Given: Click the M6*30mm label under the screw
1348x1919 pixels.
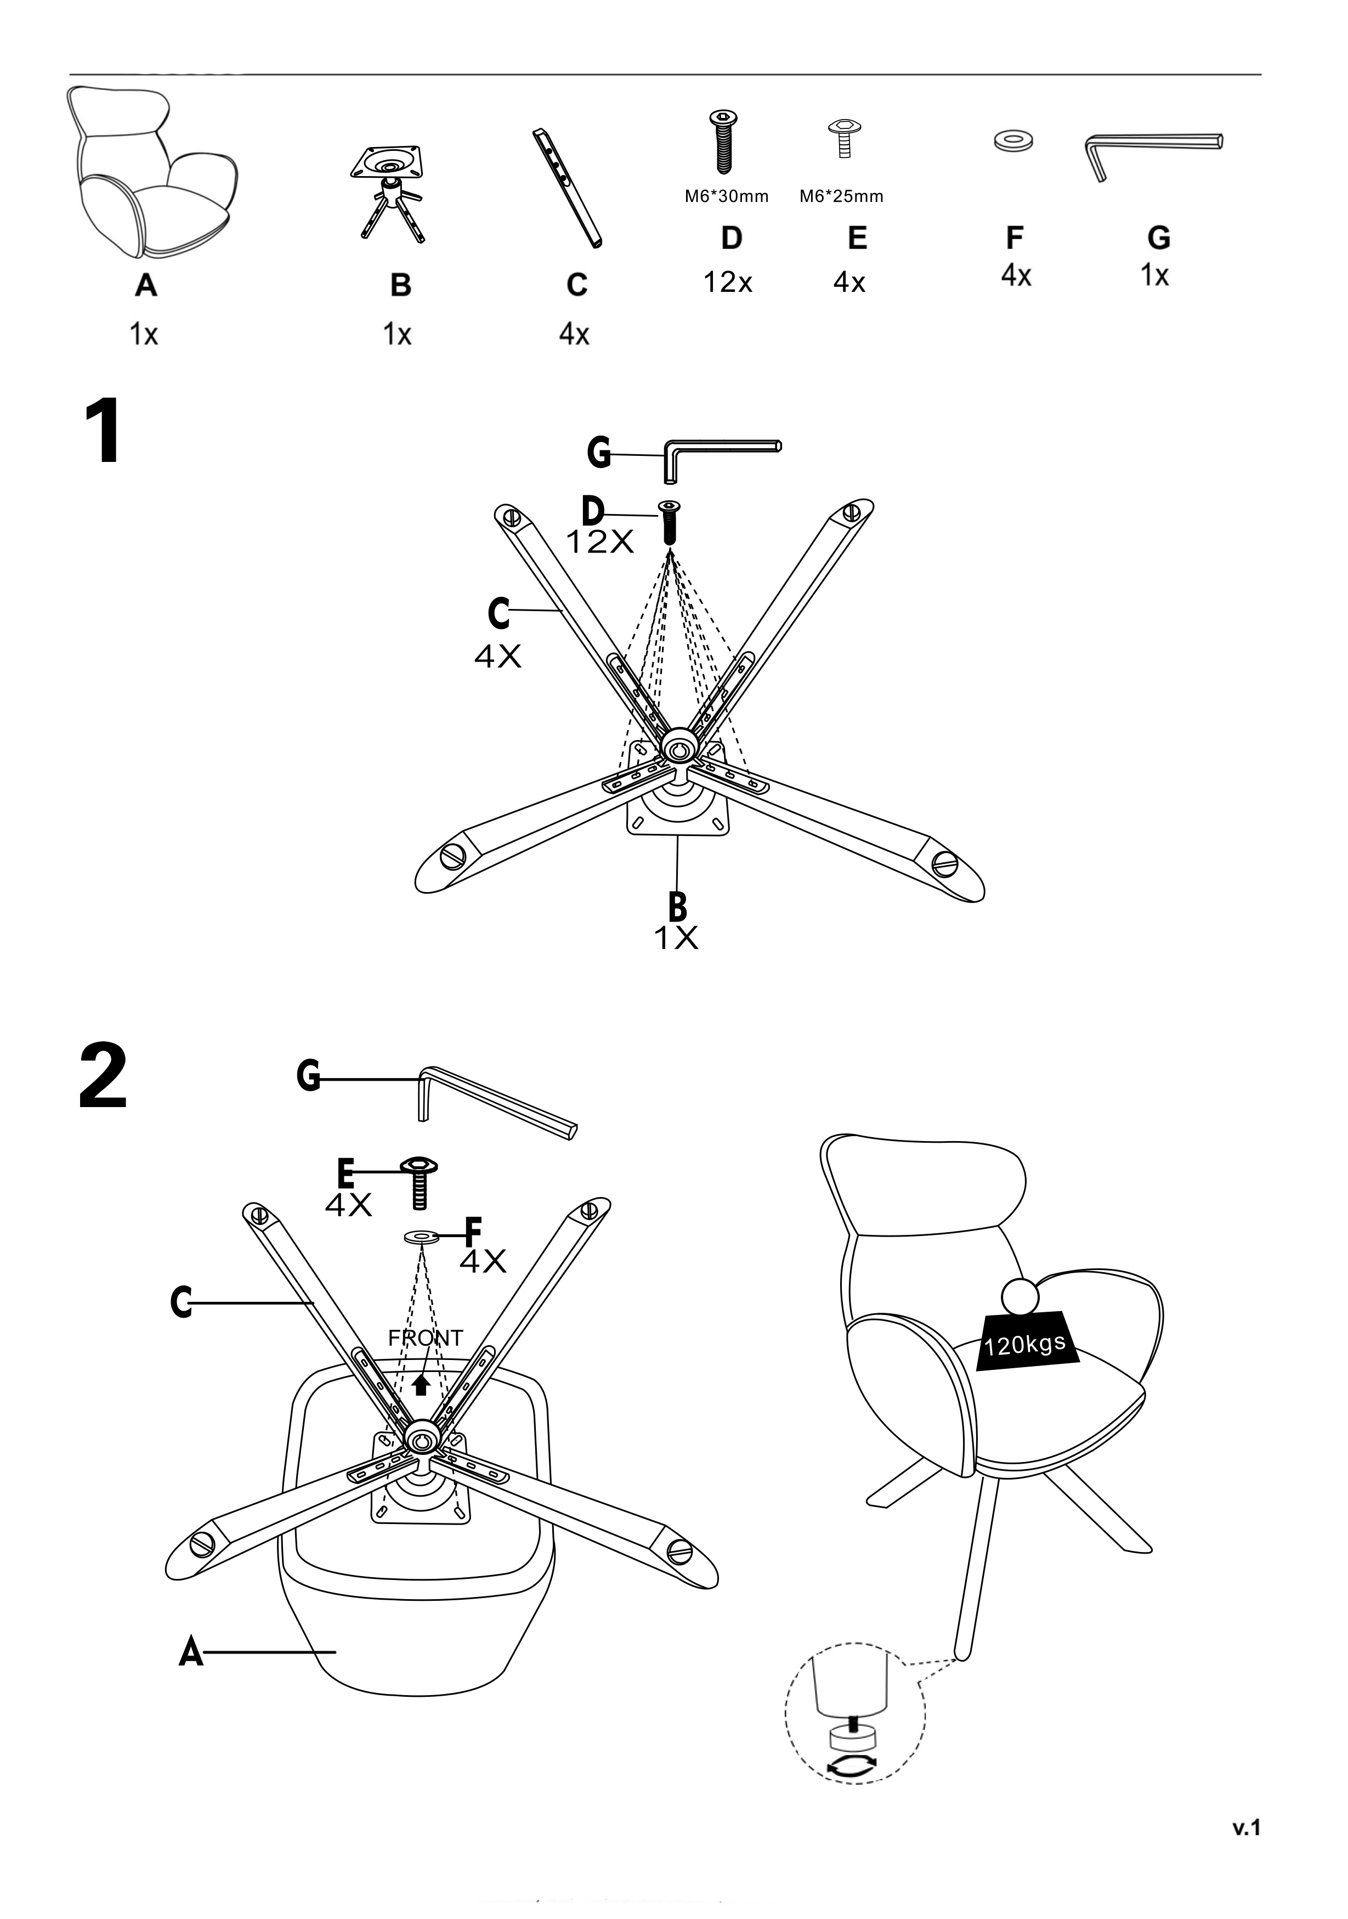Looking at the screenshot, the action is click(726, 196).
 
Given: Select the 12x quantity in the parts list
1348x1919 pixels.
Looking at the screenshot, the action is click(728, 283).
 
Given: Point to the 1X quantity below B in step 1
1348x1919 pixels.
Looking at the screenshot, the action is click(675, 939).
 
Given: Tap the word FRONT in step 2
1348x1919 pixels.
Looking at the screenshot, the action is click(426, 1338).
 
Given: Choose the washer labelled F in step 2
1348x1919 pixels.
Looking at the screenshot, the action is click(421, 1236).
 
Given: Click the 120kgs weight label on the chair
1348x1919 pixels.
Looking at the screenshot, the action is click(1026, 1344).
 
